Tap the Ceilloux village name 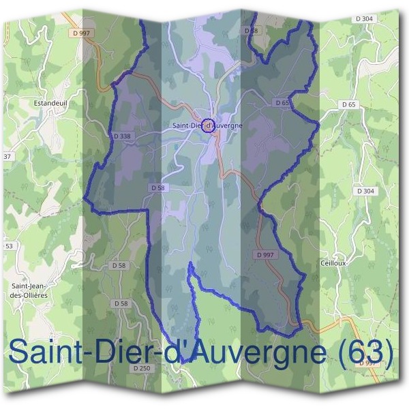click(334, 262)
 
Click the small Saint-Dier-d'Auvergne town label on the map click(207, 125)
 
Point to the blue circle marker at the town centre click(209, 125)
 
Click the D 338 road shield click(122, 136)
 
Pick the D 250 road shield click(141, 368)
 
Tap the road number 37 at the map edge click(8, 157)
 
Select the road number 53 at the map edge click(9, 245)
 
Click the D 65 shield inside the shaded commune click(283, 102)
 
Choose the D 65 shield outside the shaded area click(348, 104)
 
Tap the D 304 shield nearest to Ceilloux click(365, 191)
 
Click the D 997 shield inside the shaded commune click(265, 254)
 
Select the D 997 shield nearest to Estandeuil click(81, 31)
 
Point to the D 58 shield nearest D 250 click(121, 303)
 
